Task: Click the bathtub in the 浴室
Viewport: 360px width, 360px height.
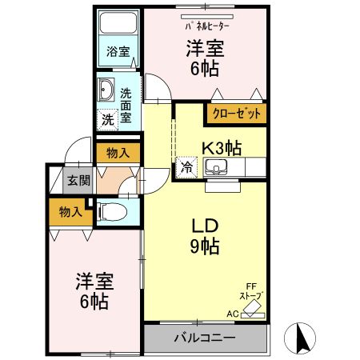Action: click(x=118, y=22)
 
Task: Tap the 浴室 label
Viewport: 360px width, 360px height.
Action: click(x=118, y=51)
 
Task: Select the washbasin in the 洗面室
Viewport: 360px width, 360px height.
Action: click(x=106, y=90)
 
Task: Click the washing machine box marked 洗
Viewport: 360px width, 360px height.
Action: click(x=107, y=120)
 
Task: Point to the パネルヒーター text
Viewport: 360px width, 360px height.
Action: click(x=207, y=26)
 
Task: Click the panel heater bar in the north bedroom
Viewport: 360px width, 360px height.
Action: click(x=207, y=17)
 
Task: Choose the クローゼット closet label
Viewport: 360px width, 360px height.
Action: click(x=236, y=114)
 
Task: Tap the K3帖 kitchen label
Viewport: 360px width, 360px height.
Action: click(x=222, y=148)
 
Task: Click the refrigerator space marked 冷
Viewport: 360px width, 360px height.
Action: click(x=186, y=167)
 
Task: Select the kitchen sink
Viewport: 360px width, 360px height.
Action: click(x=215, y=167)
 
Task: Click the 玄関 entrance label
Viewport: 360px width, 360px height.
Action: click(x=78, y=181)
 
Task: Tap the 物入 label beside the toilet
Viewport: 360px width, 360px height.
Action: click(x=70, y=212)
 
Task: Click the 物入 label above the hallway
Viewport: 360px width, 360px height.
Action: click(x=118, y=153)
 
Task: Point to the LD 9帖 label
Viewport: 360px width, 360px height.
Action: click(x=205, y=236)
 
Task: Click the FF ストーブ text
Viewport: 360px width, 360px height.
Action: click(x=251, y=291)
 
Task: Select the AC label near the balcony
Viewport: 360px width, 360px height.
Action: click(x=233, y=314)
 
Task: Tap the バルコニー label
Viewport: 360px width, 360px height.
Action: click(x=205, y=338)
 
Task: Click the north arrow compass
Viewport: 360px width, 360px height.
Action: click(x=300, y=338)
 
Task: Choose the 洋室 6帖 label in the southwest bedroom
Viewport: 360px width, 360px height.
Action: click(x=94, y=291)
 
